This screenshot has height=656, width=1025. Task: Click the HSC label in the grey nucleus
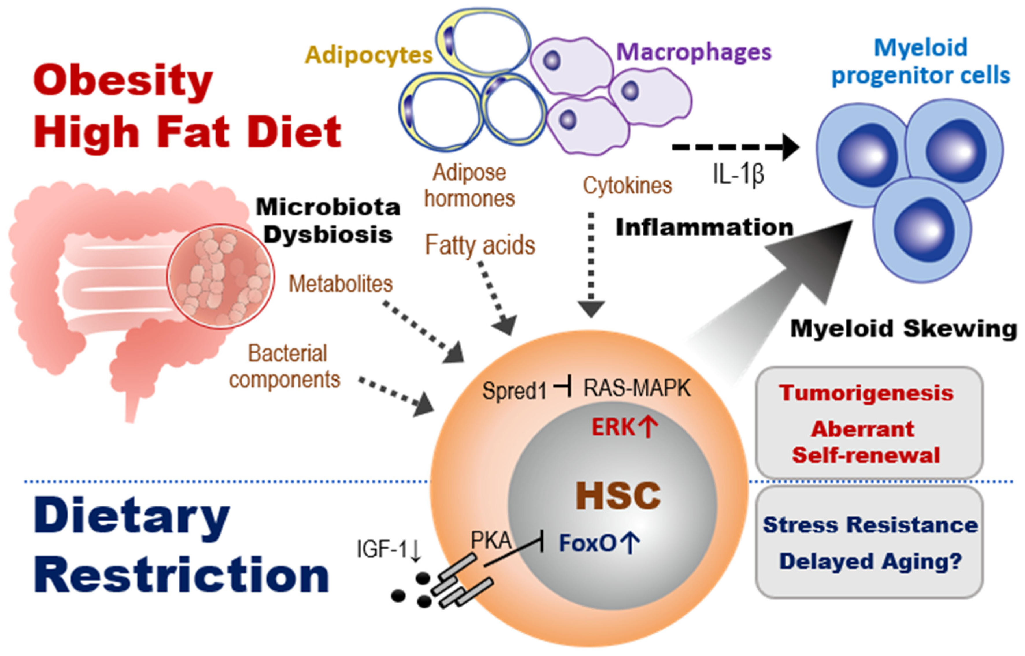(x=618, y=495)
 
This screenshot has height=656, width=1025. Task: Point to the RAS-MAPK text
(x=637, y=388)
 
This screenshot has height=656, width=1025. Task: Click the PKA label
(x=491, y=541)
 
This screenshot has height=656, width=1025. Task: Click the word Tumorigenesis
(x=866, y=393)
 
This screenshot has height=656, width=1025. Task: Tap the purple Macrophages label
(x=694, y=52)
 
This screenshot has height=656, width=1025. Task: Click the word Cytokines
(x=627, y=186)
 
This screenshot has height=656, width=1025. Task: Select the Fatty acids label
(x=480, y=245)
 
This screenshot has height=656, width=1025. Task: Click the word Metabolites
(x=341, y=284)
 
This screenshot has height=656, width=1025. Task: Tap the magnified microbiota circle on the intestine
(x=220, y=276)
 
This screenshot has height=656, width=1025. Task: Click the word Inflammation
(x=704, y=227)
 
